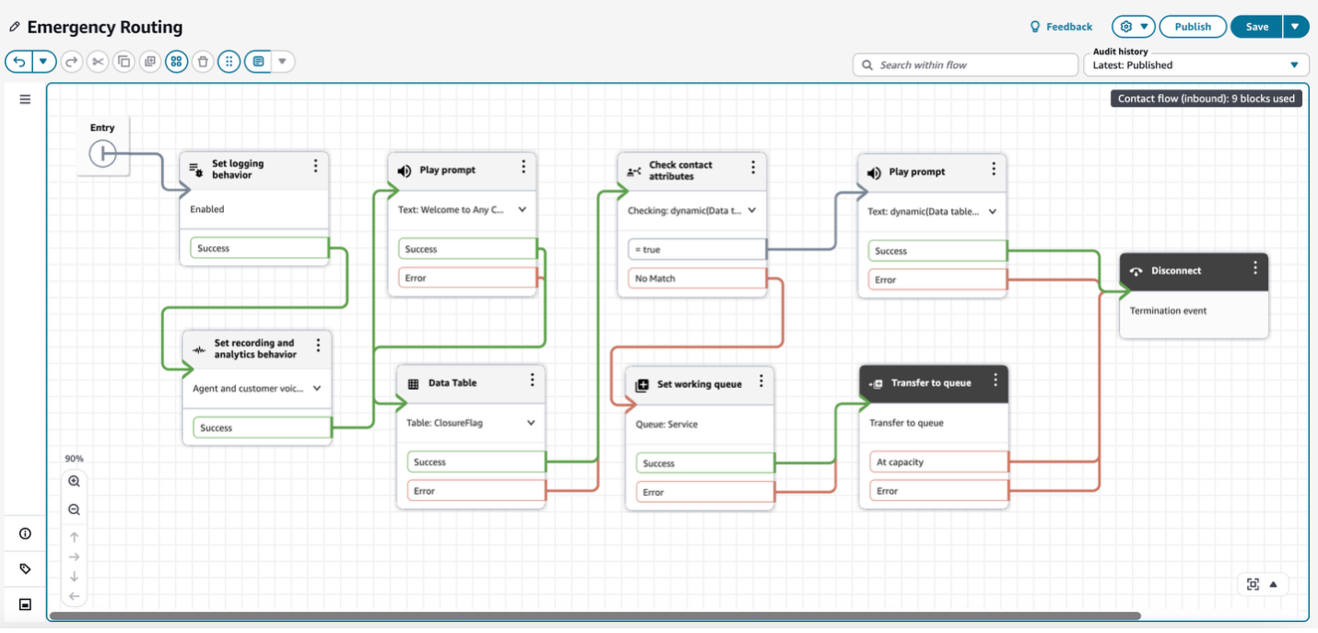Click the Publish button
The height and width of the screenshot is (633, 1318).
tap(1192, 27)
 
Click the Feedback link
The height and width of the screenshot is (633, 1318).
tap(1061, 27)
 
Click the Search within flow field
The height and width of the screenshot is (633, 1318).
tap(965, 64)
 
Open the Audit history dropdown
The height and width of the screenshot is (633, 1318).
tap(1195, 64)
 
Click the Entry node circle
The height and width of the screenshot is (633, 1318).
tap(102, 154)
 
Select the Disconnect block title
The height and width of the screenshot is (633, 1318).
tap(1176, 271)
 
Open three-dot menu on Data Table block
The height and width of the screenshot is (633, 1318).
tap(532, 381)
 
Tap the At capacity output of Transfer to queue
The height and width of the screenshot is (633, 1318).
tap(933, 462)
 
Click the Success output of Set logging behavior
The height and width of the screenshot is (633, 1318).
tap(259, 248)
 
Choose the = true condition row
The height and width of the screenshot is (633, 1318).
tap(696, 250)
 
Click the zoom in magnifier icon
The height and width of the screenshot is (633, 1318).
tap(75, 481)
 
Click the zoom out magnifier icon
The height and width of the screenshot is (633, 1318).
tap(75, 510)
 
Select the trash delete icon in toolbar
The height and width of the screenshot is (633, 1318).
tap(203, 62)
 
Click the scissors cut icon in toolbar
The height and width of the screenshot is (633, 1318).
tap(98, 62)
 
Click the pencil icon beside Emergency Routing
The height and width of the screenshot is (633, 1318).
tap(14, 27)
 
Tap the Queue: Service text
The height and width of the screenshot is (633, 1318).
tap(666, 425)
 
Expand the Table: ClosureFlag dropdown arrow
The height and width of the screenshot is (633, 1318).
tap(531, 423)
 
